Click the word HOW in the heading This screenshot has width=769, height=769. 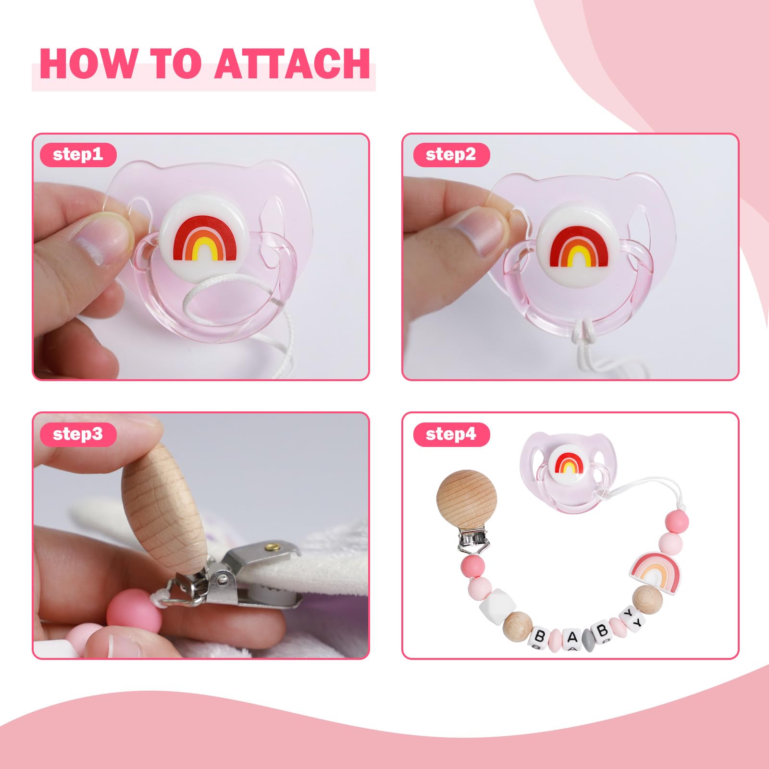[x=88, y=63]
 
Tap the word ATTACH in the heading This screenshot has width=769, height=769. [x=292, y=63]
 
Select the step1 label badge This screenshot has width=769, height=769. [x=78, y=155]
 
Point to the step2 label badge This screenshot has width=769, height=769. [x=451, y=155]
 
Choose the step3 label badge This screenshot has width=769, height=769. [x=78, y=434]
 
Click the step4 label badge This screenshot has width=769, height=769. [x=451, y=434]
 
